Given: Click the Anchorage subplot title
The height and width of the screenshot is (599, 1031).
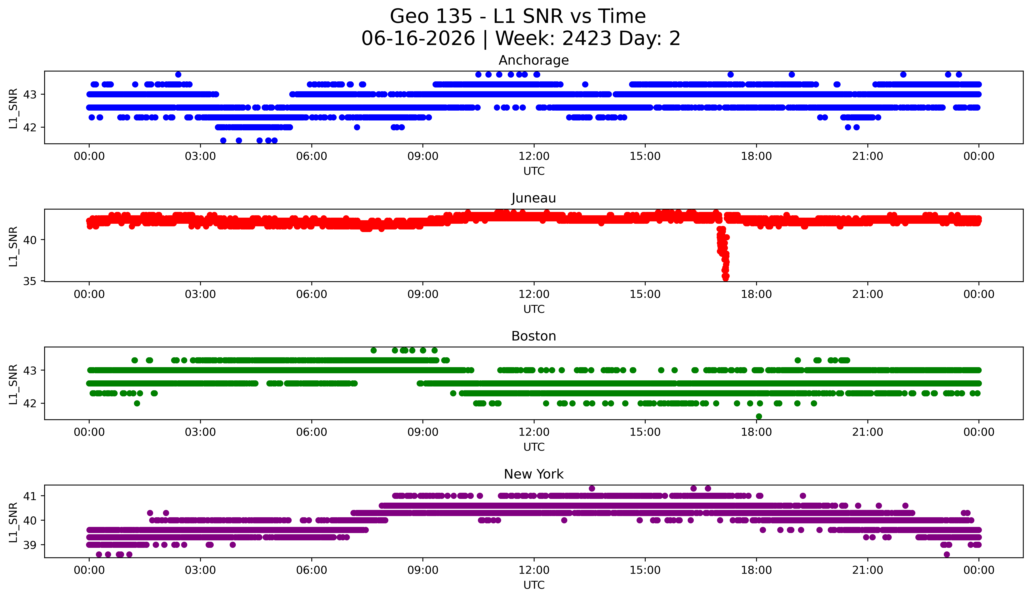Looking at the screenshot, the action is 534,60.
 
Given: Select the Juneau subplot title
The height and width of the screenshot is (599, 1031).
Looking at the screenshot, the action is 534,198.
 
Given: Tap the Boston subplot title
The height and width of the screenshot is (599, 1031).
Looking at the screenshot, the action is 534,336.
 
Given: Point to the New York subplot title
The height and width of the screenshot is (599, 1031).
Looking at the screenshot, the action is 534,474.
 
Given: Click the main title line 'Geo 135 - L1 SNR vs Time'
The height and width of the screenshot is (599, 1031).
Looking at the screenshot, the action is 518,16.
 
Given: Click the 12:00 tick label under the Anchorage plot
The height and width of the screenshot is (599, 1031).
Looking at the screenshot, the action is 534,156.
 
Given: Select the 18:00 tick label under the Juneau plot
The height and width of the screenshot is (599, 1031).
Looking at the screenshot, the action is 756,294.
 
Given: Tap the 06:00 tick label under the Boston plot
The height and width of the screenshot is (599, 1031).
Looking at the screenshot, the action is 311,432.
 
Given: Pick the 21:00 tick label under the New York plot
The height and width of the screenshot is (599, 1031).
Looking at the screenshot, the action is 867,570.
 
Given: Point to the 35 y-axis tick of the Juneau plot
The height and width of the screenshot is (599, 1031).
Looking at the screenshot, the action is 30,281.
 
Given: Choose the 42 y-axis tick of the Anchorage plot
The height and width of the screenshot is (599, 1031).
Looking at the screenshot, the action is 30,127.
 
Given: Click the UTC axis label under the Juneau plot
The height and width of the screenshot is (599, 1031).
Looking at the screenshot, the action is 534,309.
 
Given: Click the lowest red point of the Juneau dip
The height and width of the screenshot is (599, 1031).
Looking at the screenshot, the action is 725,278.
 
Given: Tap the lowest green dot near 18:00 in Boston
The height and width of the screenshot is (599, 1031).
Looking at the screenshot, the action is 759,416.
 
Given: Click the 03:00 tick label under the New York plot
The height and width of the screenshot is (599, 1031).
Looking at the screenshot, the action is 200,570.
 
